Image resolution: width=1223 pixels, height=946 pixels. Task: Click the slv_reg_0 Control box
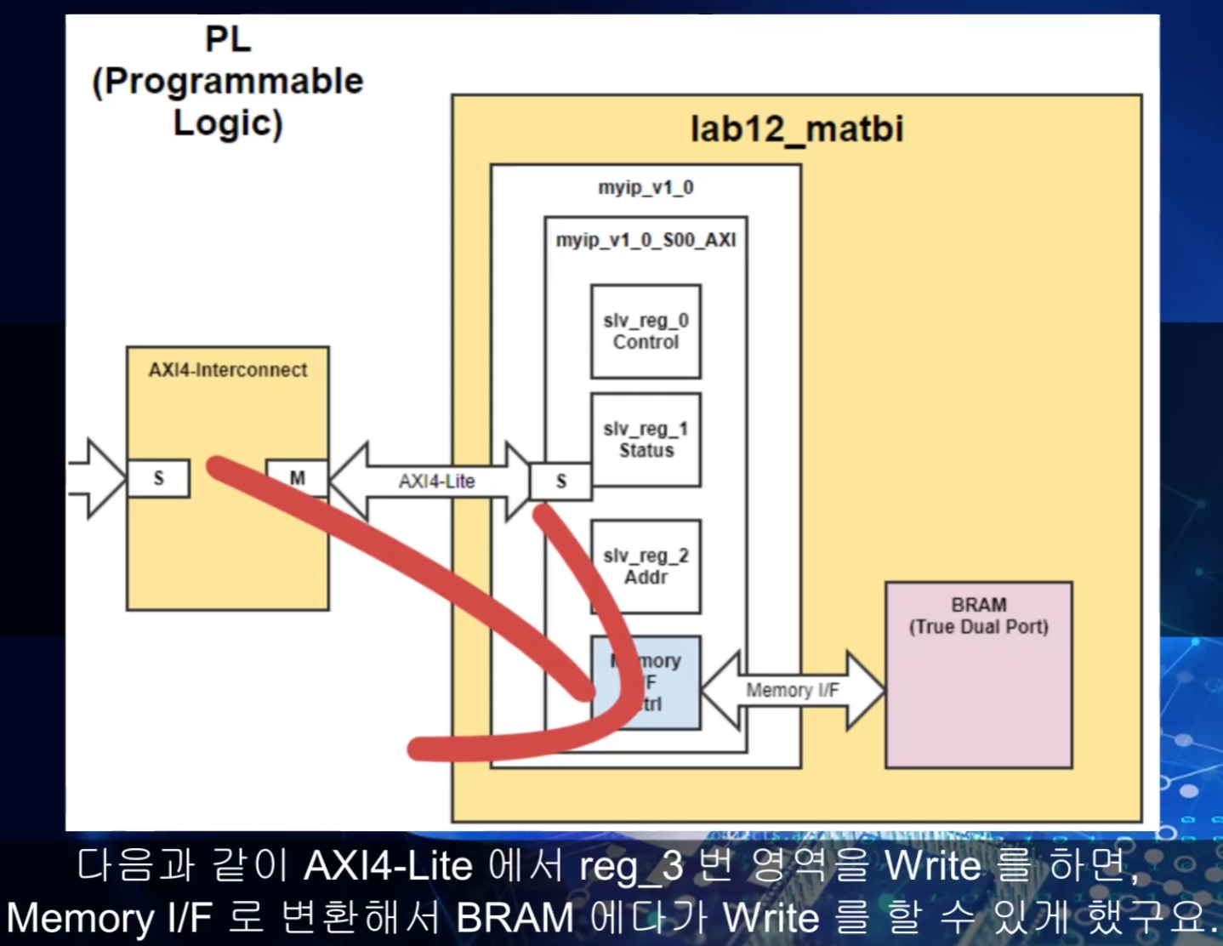click(646, 332)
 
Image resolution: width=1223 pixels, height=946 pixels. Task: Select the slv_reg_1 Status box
click(646, 440)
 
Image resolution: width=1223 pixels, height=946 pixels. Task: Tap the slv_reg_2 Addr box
click(646, 567)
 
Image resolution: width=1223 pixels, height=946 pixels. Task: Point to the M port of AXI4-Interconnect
click(297, 478)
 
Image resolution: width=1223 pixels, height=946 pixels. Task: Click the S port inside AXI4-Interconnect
click(158, 478)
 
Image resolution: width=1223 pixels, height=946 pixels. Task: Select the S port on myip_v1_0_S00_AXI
click(560, 482)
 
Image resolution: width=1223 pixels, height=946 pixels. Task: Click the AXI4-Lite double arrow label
click(436, 482)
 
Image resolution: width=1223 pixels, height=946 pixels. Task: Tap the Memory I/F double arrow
click(792, 690)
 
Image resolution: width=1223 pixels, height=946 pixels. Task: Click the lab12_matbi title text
click(796, 129)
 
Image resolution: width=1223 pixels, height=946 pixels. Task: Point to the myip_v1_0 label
click(646, 187)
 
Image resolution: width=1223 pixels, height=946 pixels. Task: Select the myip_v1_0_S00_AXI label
click(646, 240)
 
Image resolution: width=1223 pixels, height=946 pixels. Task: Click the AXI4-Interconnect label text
click(228, 370)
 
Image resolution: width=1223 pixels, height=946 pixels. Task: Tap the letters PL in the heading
click(228, 39)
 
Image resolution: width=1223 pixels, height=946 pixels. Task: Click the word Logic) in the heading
click(228, 123)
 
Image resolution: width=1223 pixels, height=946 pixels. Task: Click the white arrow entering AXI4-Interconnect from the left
click(98, 478)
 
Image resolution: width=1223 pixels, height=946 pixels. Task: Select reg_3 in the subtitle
click(630, 867)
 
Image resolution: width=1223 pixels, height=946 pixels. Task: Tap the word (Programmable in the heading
click(228, 81)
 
